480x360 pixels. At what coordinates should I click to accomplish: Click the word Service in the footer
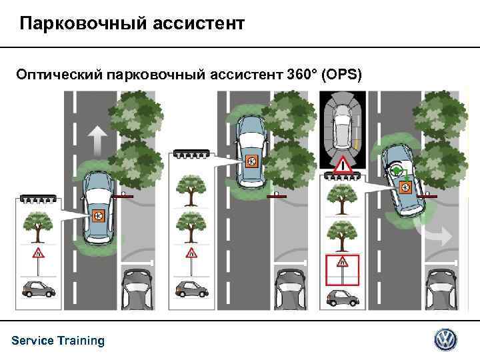pos(33,341)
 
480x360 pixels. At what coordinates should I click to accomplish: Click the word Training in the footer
pos(81,341)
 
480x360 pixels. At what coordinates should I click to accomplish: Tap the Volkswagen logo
pos(446,340)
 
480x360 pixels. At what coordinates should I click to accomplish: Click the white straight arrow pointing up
pos(97,141)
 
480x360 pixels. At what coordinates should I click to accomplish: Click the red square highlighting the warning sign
pos(343,269)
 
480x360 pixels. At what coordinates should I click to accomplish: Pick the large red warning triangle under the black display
pos(343,164)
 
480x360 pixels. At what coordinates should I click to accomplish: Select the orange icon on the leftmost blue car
pos(98,215)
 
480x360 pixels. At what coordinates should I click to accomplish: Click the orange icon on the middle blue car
pos(252,161)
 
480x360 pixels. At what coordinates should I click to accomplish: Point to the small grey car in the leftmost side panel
pos(37,289)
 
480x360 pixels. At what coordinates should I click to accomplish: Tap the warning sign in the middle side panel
pos(191,253)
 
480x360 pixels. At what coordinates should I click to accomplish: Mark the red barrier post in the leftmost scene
pos(123,197)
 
